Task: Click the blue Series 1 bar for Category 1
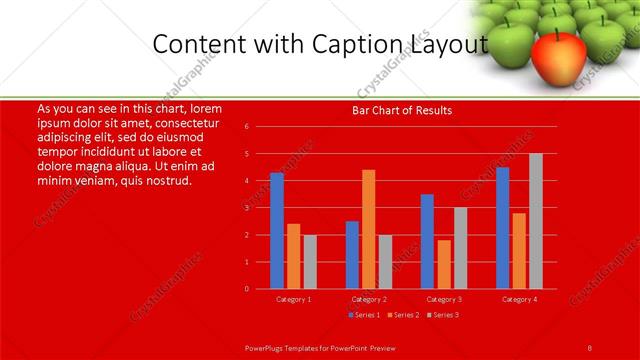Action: tap(277, 231)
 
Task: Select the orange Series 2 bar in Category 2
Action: tap(369, 229)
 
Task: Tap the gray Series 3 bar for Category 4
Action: tap(536, 221)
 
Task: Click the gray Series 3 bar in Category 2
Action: tap(385, 262)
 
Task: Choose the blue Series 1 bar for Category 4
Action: tap(502, 228)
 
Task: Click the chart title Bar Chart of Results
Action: tap(402, 110)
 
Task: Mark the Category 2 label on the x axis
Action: tap(369, 299)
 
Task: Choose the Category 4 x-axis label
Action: tap(519, 299)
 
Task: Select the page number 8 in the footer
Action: tap(590, 346)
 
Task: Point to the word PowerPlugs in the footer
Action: tap(268, 346)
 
